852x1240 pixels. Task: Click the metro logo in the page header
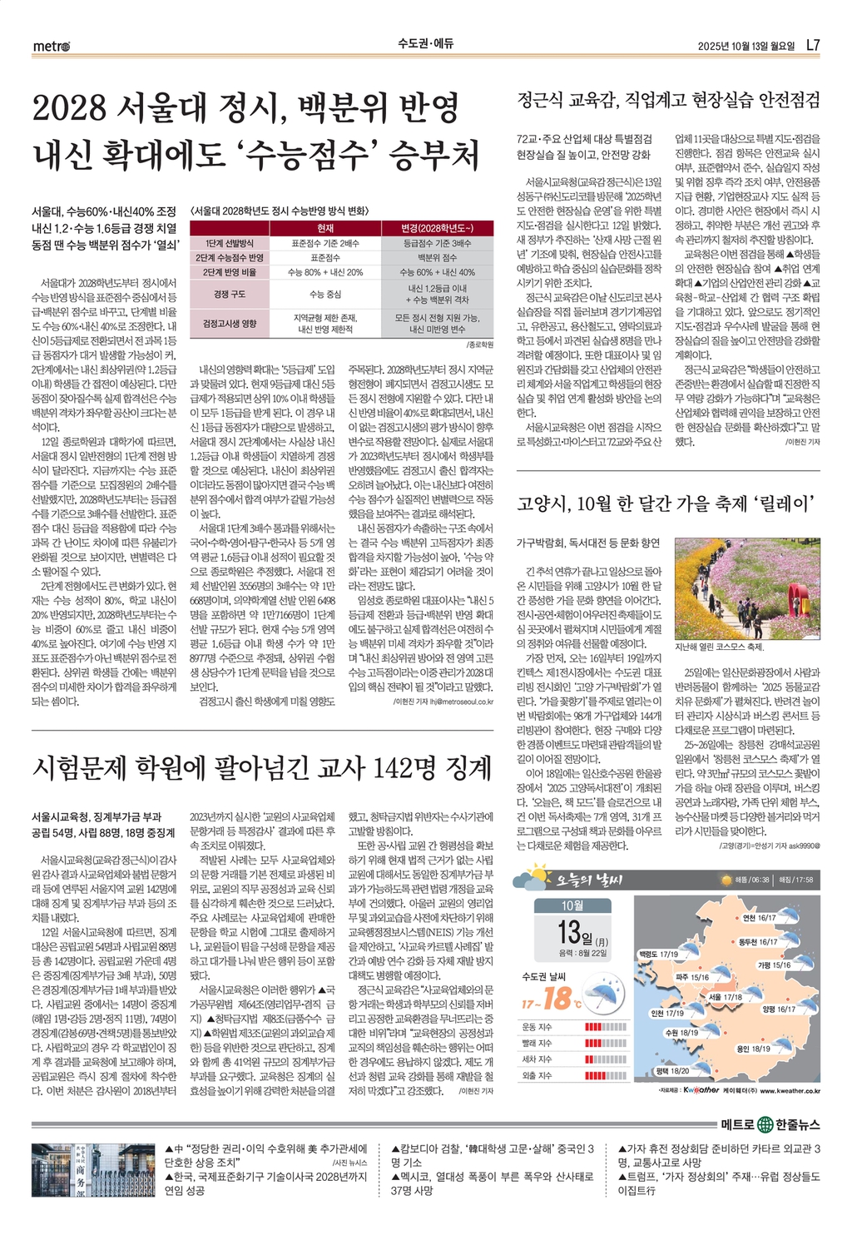(52, 46)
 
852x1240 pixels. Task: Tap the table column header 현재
(325, 228)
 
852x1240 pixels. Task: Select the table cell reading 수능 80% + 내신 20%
(325, 272)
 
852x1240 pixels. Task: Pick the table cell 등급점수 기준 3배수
(437, 243)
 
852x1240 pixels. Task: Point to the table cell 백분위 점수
(437, 258)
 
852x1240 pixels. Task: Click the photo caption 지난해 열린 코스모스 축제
(720, 647)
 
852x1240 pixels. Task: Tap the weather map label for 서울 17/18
(725, 996)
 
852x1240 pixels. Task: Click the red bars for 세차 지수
(605, 1059)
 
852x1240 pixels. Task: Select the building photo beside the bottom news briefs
(94, 1169)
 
